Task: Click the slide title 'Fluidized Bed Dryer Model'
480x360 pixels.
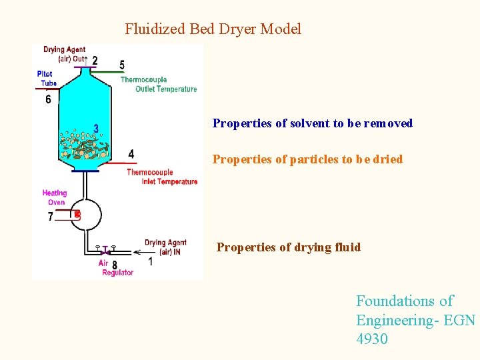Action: click(213, 29)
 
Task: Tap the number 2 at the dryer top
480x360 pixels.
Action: click(95, 61)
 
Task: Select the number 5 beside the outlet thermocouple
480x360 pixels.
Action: click(121, 65)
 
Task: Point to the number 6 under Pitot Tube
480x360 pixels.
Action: click(48, 99)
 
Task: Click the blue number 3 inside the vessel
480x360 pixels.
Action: click(96, 128)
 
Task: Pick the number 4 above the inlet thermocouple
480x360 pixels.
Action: click(131, 154)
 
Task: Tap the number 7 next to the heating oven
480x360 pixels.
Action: click(51, 217)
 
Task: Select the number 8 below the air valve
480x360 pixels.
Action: click(115, 265)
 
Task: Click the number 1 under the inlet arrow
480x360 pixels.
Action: click(150, 262)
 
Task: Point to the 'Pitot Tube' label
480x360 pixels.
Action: click(46, 78)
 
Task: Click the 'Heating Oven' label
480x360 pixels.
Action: click(55, 197)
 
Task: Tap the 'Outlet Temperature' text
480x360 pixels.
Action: click(166, 89)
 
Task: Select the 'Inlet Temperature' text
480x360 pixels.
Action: click(169, 181)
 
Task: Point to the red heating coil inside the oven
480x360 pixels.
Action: click(77, 214)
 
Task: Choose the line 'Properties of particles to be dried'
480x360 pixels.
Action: click(307, 159)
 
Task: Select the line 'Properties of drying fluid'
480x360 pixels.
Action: click(288, 247)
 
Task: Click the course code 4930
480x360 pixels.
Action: click(372, 339)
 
